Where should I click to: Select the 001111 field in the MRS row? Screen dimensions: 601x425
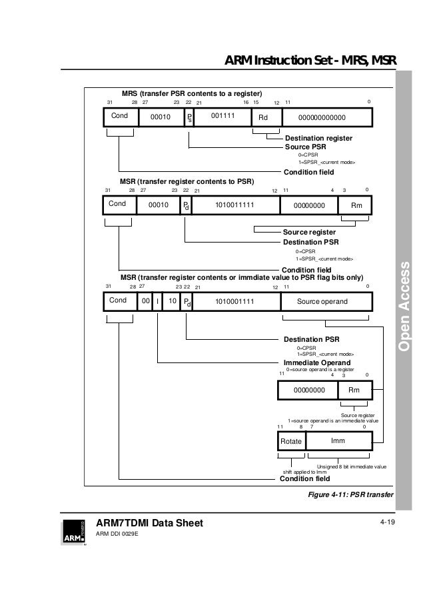coord(224,117)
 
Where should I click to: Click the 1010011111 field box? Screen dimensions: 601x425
coord(235,206)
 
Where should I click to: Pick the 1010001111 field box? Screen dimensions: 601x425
coord(235,301)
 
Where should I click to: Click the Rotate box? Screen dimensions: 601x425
coord(291,442)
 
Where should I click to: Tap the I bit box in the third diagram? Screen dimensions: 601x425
coord(157,301)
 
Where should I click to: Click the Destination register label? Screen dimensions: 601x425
coord(318,138)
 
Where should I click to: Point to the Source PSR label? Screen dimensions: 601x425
coord(306,146)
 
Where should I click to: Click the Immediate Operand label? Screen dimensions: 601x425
coord(317,362)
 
